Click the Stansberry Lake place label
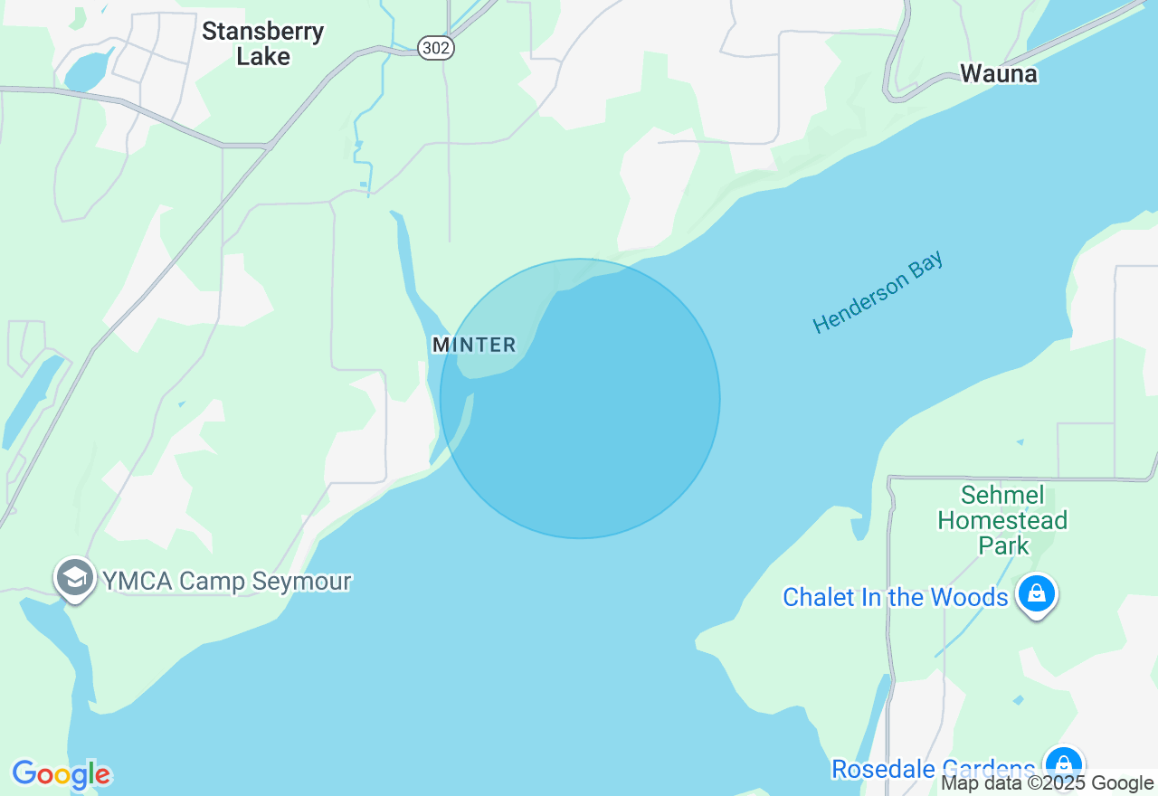point(262,43)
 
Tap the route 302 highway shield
point(435,48)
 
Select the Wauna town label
point(999,74)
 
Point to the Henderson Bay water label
point(878,292)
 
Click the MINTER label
point(474,345)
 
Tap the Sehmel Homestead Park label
point(1002,520)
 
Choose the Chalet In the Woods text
point(895,597)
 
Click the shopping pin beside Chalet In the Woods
point(1037,593)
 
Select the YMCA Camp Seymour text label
point(226,581)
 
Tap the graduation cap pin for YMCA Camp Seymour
point(74,576)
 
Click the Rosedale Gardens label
point(933,769)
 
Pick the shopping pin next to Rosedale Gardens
point(1063,763)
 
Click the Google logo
point(61,774)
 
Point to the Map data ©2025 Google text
point(1047,783)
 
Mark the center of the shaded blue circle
point(580,399)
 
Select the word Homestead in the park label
point(1002,520)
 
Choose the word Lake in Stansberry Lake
point(263,56)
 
